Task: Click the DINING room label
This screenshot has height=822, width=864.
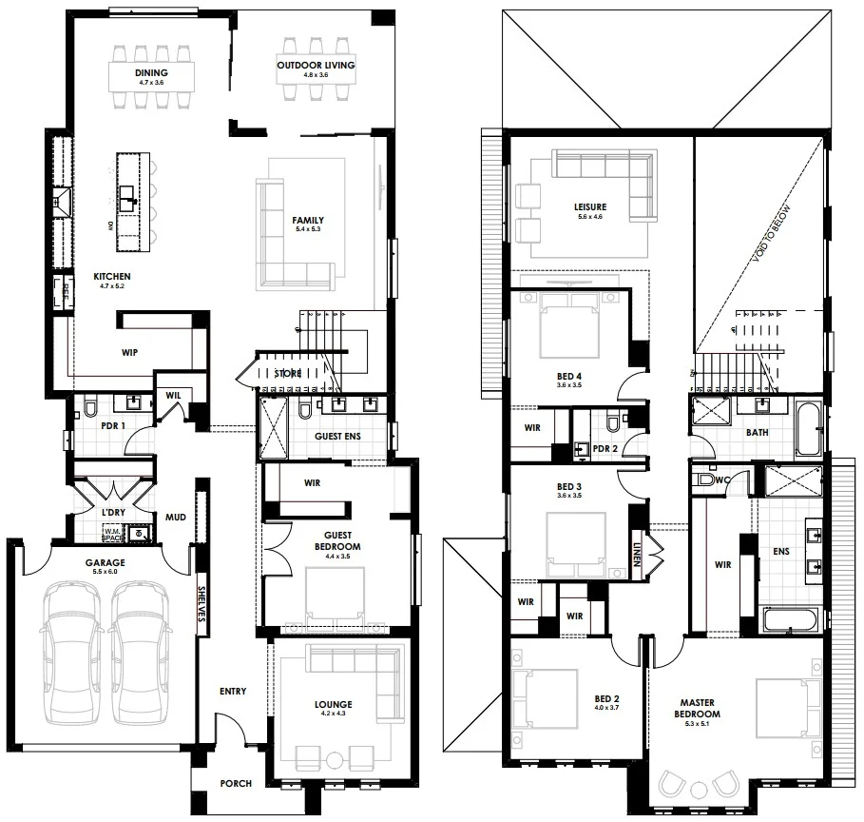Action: click(x=151, y=72)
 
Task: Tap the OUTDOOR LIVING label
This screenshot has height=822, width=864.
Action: click(x=316, y=65)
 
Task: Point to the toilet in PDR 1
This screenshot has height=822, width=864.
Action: click(x=89, y=409)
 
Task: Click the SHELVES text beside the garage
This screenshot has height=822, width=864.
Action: click(x=202, y=603)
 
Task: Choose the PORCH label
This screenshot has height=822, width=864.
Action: click(x=235, y=783)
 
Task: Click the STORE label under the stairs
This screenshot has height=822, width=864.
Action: click(x=288, y=374)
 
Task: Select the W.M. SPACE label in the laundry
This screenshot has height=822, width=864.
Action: click(x=113, y=536)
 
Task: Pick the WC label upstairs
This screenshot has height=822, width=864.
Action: click(x=721, y=479)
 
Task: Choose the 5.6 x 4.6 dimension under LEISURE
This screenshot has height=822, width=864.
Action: click(x=589, y=218)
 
